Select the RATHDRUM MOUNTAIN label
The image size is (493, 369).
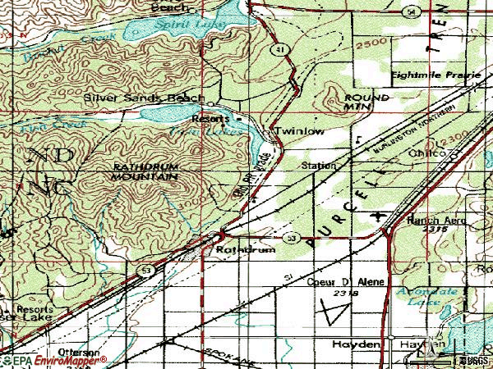click(x=145, y=171)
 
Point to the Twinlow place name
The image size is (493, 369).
click(x=298, y=131)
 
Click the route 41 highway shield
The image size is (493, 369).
click(x=282, y=51)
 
